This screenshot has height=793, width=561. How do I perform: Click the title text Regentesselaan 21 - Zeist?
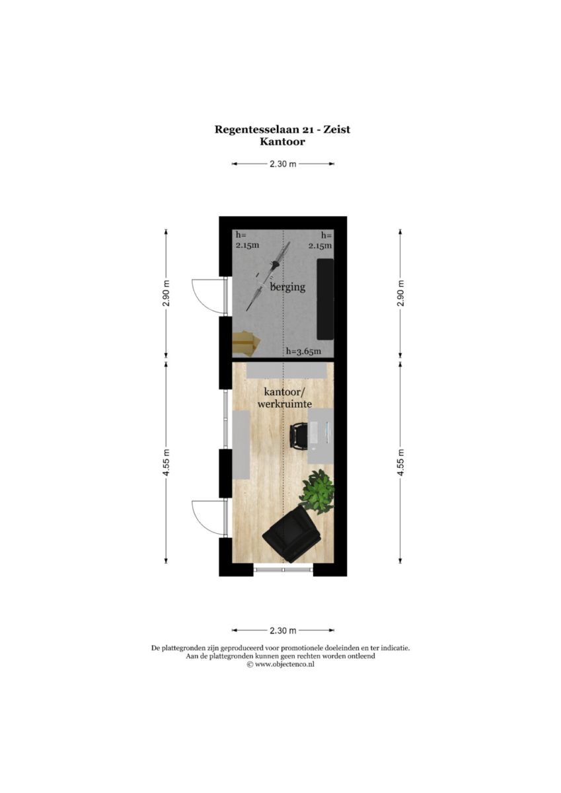282,130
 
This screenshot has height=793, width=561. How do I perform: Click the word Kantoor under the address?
282,141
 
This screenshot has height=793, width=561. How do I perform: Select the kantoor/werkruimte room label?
285,398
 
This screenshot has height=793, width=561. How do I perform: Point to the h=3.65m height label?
304,351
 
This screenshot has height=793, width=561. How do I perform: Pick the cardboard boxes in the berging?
246,343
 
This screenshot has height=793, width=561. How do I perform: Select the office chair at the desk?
299,437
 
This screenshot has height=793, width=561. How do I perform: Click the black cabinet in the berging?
325,299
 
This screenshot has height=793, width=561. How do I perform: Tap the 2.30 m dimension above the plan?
283,164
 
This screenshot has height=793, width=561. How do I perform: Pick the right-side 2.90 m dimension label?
400,293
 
